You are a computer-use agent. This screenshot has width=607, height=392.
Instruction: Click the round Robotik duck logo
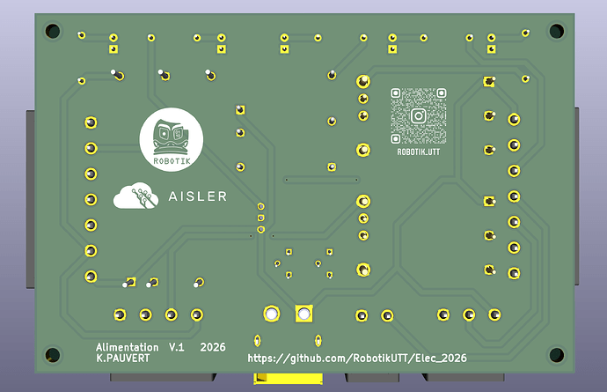coord(172,139)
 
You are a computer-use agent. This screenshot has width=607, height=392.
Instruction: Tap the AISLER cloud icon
coord(135,196)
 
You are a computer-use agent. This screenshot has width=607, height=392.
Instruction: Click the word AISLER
coord(197,196)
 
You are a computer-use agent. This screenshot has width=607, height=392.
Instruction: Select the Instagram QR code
coord(418,116)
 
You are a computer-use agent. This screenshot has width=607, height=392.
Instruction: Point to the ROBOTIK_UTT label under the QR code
coord(419,152)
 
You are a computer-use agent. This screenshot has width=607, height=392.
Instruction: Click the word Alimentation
coord(128,347)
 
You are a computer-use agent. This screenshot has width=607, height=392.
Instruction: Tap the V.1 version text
coord(177,347)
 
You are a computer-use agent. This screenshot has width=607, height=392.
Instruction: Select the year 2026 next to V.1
coord(213,347)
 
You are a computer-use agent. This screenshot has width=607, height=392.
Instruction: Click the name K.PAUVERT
coord(123,359)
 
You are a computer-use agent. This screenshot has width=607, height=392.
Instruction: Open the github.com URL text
coord(357,359)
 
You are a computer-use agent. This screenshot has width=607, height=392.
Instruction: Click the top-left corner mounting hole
coord(53,31)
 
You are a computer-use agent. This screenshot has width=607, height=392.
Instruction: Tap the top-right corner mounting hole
coord(557,31)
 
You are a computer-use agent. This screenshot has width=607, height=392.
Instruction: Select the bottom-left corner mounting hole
coord(53,354)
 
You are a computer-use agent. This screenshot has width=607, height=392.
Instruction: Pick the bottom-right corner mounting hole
coord(557,354)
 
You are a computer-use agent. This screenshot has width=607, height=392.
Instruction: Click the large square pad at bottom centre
coord(303,314)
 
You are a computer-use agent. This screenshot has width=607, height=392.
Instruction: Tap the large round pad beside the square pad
coord(271,314)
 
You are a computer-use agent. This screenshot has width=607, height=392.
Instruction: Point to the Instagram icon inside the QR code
coord(419,116)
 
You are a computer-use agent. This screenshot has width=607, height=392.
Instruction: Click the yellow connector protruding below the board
coord(288,379)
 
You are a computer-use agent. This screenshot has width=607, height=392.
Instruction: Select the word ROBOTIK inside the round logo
coord(172,161)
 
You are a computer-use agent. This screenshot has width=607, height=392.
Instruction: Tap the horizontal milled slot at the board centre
coord(321,180)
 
